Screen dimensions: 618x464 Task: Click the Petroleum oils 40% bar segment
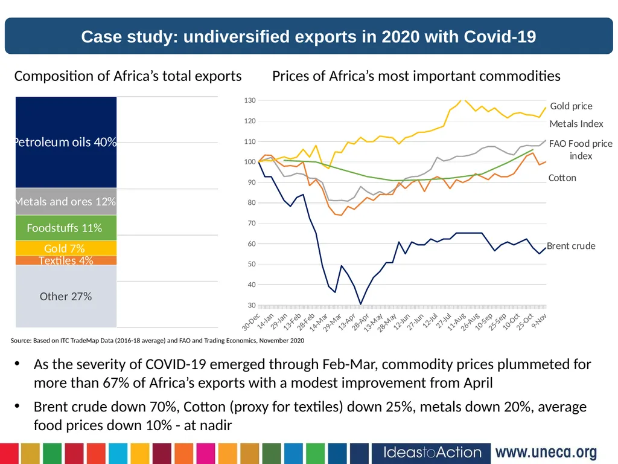coord(66,142)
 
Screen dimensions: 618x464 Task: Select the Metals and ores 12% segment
coord(66,201)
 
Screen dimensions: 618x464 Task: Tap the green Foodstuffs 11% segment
coord(66,228)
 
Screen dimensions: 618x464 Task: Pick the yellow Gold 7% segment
coord(66,248)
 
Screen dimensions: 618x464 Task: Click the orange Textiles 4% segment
coord(66,260)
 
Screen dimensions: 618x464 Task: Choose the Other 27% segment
coord(66,296)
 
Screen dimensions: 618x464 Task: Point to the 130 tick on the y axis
coord(250,100)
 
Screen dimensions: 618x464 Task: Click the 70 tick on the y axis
coord(252,224)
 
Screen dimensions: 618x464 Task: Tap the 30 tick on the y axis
coord(252,305)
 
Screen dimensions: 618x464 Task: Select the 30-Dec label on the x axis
coord(250,321)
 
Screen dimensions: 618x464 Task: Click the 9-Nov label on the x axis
coord(539,321)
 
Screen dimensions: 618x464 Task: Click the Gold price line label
coord(571,106)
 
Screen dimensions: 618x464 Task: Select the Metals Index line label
coord(576,124)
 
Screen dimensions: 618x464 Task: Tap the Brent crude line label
coord(571,246)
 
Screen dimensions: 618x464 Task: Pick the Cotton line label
coord(562,178)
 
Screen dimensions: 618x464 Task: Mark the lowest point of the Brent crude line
coord(360,304)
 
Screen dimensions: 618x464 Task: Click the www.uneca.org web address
coord(546,452)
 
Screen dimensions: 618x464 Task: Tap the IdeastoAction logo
coord(432,453)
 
